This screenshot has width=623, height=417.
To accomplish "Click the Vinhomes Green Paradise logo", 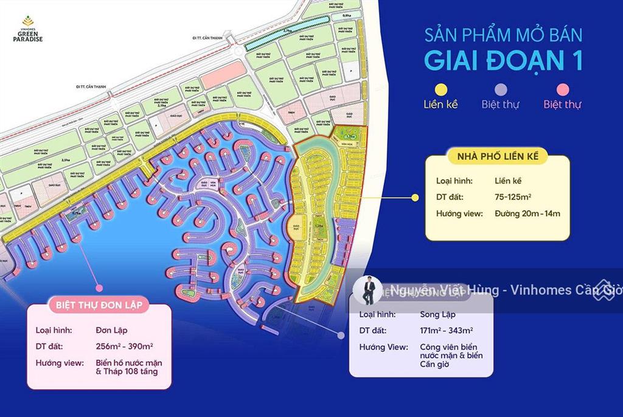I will click(x=29, y=31).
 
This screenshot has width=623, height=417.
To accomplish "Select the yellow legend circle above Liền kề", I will click(x=440, y=89).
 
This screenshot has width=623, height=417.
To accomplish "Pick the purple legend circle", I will click(x=501, y=89).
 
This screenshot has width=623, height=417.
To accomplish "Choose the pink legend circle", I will click(x=562, y=89).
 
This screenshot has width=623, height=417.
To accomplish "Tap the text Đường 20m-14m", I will click(x=527, y=213).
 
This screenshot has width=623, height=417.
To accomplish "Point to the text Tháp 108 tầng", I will click(x=126, y=371).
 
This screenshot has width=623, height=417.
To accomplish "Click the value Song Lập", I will click(x=437, y=314).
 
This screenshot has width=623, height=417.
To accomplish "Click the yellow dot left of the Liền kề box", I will click(x=416, y=197).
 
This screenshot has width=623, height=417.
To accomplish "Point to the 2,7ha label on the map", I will click(x=288, y=29).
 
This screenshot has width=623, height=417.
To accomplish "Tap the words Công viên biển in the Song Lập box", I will click(x=447, y=346).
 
